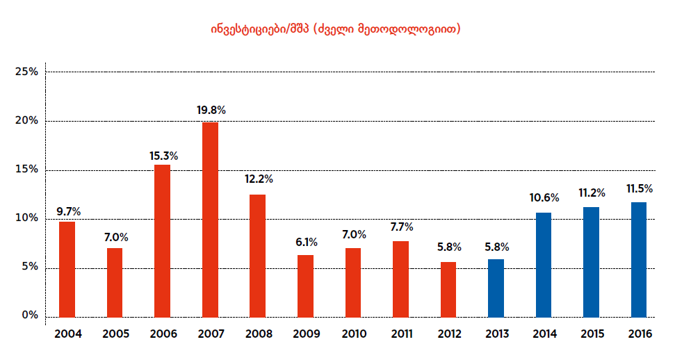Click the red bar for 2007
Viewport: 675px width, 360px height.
point(210,219)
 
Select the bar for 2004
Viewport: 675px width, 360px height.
point(67,269)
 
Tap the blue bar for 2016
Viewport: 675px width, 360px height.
point(638,259)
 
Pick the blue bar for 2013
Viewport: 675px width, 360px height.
point(496,288)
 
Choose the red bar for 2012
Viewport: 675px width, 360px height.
point(448,288)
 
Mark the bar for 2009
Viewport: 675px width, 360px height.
point(305,286)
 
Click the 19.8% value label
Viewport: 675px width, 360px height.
point(211,110)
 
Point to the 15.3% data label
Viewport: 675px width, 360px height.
point(163,156)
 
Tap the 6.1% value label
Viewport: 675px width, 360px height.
point(305,243)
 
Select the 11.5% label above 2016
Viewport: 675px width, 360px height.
point(639,189)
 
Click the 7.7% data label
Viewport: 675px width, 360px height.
point(400,227)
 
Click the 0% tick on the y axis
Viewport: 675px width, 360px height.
point(30,316)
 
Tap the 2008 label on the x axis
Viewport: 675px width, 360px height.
point(258,334)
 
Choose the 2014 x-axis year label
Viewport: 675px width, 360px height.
point(544,334)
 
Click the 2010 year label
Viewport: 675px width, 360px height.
point(353,334)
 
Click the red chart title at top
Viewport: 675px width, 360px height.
point(336,29)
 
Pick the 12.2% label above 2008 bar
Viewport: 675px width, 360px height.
point(258,179)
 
